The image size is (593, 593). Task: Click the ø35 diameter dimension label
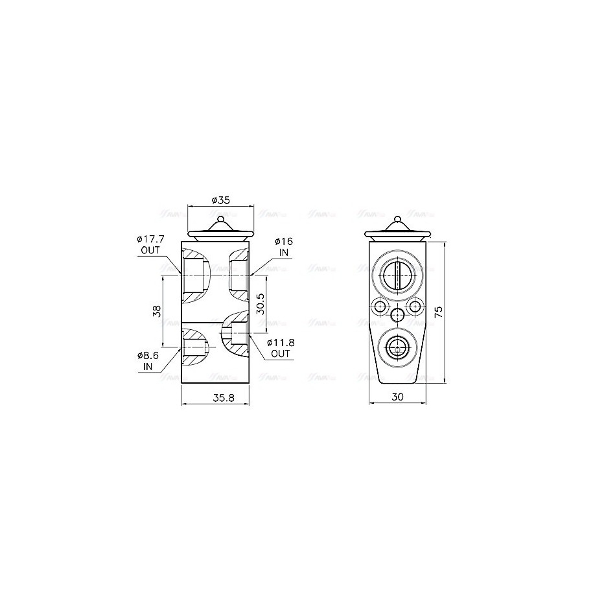click(x=219, y=199)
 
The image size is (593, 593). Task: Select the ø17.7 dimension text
click(x=150, y=239)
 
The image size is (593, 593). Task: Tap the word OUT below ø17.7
click(x=150, y=250)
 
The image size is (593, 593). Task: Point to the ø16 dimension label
click(x=285, y=241)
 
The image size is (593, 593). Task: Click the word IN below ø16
click(x=284, y=251)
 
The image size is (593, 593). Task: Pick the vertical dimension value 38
click(x=156, y=311)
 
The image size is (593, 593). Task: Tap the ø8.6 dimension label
click(x=149, y=356)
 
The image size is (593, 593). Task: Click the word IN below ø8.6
click(x=147, y=367)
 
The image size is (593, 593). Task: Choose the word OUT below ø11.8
click(x=281, y=354)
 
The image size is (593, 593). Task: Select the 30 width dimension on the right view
click(x=397, y=398)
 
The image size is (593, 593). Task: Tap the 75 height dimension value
click(x=438, y=312)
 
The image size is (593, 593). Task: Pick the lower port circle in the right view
click(x=396, y=349)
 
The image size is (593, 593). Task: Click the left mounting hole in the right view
click(x=379, y=306)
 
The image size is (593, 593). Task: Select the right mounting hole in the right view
click(x=414, y=306)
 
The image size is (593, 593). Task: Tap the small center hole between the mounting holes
click(x=397, y=315)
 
